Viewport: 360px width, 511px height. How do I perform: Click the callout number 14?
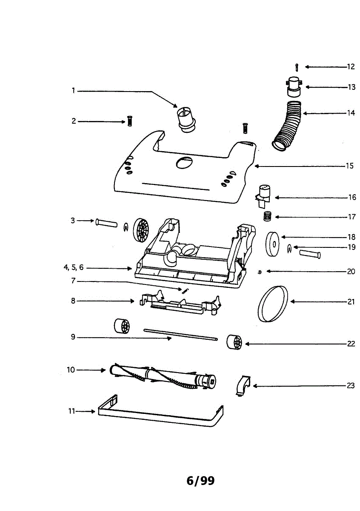click(x=351, y=113)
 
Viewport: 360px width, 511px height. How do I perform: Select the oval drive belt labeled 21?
click(x=273, y=304)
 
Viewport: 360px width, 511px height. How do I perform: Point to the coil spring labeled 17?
click(x=267, y=216)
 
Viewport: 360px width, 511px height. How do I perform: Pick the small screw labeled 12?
click(x=297, y=67)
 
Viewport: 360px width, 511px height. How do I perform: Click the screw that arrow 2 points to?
click(x=130, y=121)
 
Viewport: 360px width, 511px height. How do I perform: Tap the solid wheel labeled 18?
click(x=273, y=244)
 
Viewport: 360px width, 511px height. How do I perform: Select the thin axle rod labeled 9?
click(x=180, y=334)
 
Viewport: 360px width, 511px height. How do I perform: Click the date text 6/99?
click(x=200, y=481)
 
